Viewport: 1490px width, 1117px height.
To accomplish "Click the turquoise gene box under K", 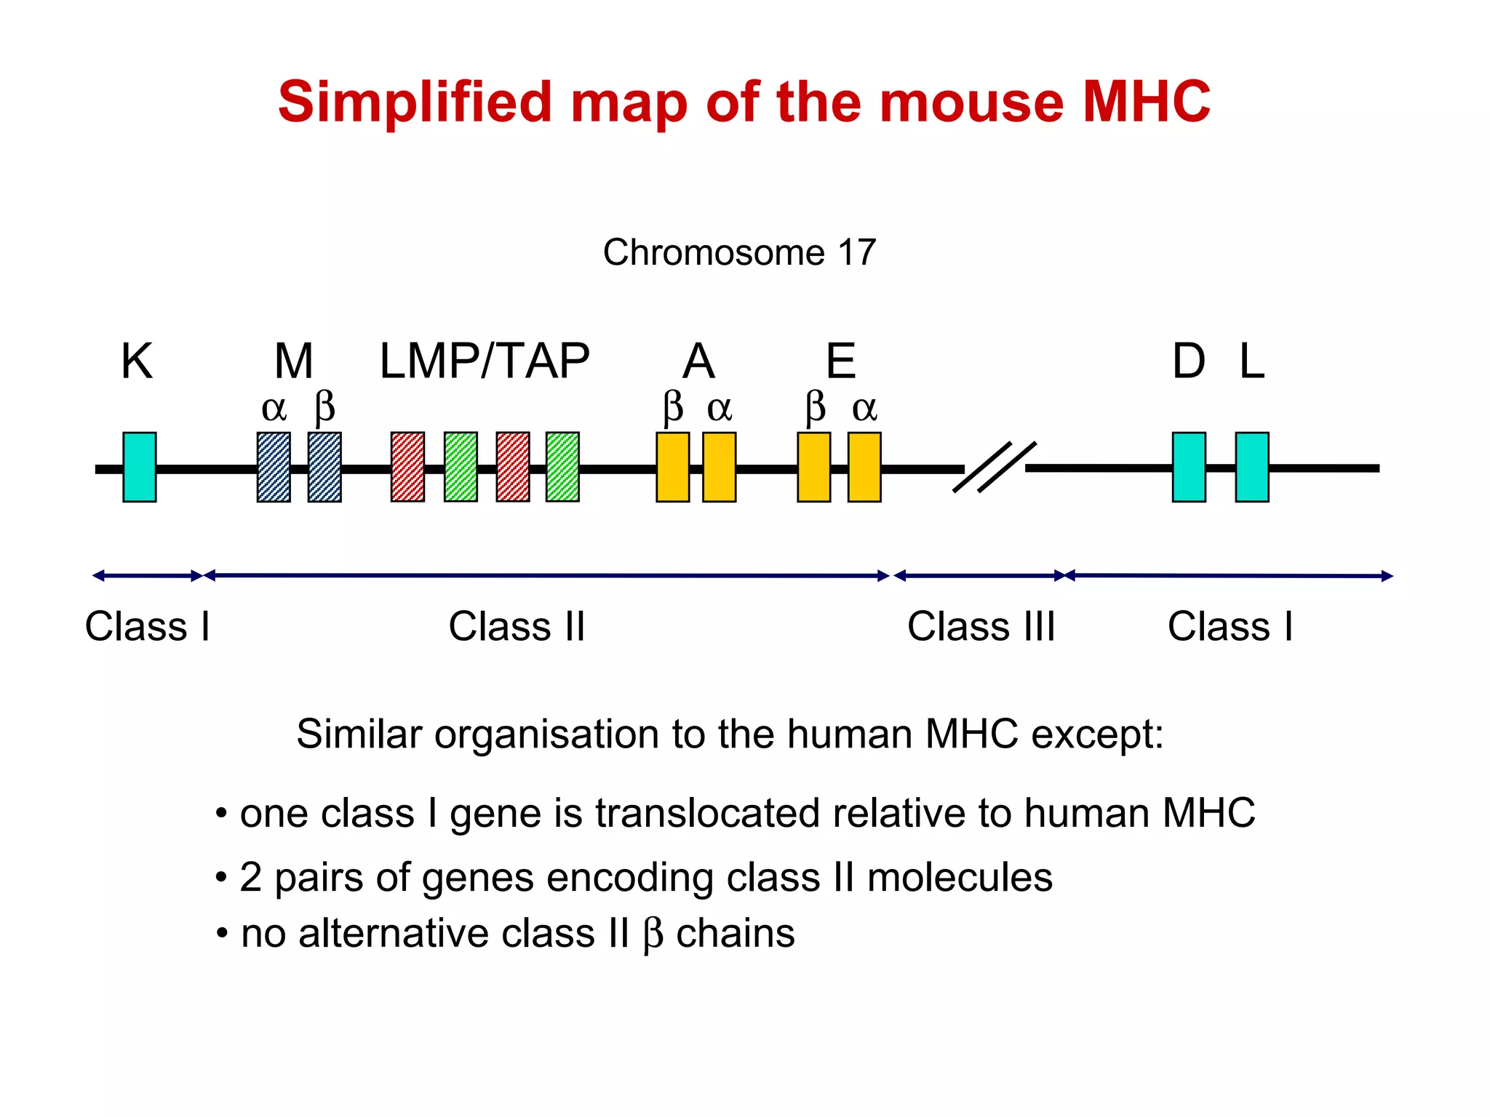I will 139,467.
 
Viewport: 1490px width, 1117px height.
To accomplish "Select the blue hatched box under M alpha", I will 274,467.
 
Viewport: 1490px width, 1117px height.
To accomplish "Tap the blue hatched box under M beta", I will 324,467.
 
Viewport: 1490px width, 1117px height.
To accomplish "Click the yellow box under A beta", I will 673,467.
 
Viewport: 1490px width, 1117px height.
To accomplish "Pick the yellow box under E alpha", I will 864,467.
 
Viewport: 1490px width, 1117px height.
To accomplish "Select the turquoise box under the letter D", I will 1189,467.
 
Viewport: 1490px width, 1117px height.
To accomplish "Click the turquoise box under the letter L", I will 1252,467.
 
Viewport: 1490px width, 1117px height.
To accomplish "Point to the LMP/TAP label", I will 485,361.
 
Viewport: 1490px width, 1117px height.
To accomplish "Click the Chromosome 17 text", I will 739,252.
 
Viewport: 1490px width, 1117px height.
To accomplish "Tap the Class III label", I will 981,626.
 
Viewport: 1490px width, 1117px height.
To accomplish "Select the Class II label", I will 517,626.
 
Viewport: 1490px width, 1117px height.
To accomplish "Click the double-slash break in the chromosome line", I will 994,468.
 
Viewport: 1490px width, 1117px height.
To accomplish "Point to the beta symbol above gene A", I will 673,407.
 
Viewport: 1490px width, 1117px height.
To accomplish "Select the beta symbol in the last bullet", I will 653,934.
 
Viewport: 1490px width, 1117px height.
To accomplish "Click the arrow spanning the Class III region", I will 980,576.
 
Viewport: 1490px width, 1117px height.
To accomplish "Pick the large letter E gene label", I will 841,361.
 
